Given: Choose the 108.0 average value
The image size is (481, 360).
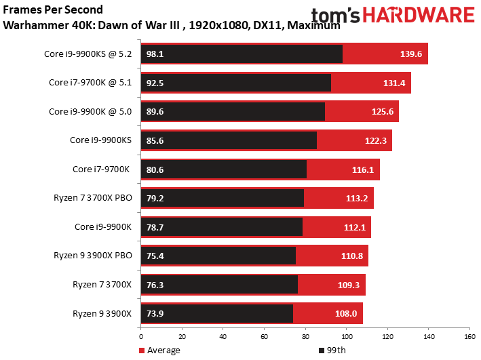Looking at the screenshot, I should pos(347,313).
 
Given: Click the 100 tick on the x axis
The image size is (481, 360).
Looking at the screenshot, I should pos(346,336).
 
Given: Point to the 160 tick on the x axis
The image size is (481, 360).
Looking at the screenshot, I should pos(469,336).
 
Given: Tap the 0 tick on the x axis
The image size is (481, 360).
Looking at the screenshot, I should pos(140,336).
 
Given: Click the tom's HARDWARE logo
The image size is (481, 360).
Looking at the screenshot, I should pos(393,17).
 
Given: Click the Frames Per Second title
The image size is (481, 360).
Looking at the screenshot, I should pos(54,9).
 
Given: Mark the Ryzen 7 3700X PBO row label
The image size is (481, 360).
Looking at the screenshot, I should pos(93,198).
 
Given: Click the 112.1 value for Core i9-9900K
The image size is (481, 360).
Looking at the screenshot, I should pos(354,227).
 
